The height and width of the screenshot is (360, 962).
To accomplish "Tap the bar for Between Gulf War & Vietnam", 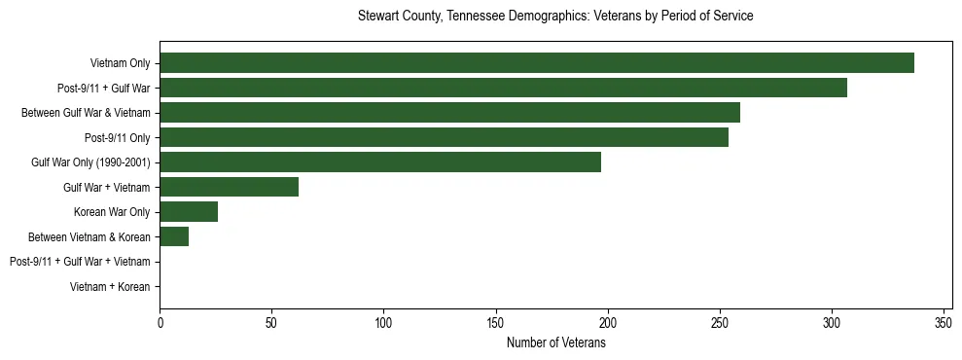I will [x=449, y=113].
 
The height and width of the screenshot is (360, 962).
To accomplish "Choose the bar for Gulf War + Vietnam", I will [x=229, y=187].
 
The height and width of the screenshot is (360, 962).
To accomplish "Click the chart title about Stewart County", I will [x=555, y=17].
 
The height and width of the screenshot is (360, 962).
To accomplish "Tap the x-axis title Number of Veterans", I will [x=555, y=343].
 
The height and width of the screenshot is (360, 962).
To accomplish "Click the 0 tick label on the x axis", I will [x=160, y=323].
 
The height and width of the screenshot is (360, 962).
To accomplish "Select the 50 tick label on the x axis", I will [x=271, y=323].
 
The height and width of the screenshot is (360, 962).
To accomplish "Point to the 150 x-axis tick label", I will [x=496, y=323].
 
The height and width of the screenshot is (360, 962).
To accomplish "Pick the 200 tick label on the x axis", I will [x=608, y=323].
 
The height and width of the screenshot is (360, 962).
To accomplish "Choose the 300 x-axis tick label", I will [x=832, y=323].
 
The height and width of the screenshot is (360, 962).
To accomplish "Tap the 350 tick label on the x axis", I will [x=944, y=323].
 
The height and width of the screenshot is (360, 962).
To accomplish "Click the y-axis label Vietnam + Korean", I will [x=110, y=287].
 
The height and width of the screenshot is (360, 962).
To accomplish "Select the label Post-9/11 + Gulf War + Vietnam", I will [x=80, y=262].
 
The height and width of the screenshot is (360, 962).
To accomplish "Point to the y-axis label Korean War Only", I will [x=112, y=212].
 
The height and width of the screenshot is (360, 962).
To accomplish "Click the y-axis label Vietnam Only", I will [x=120, y=63].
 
